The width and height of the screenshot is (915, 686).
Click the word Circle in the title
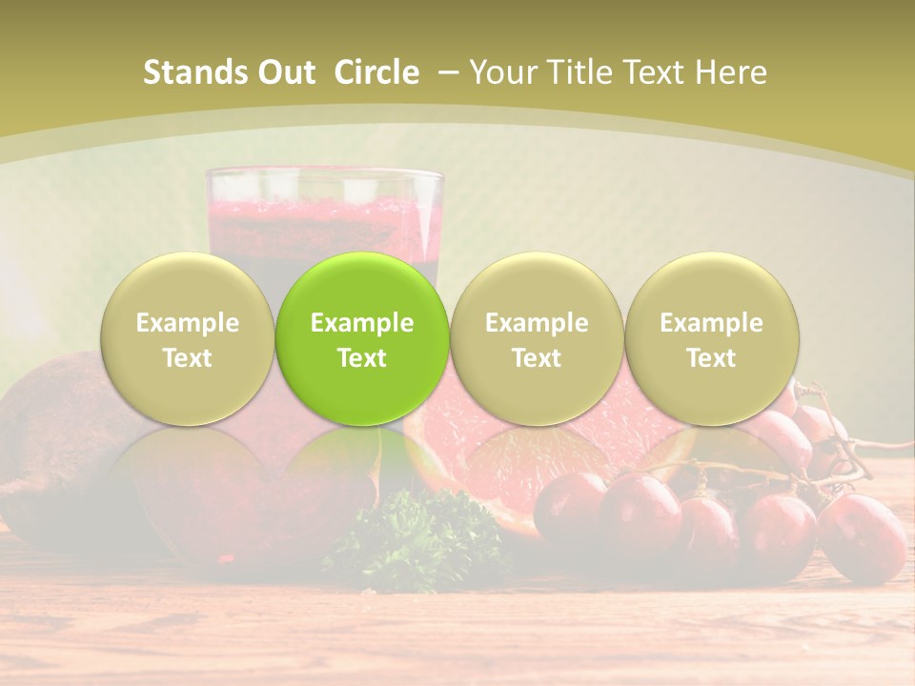coord(376,72)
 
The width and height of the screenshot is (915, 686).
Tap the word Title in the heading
coord(581,72)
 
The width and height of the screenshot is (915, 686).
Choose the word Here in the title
coord(731,72)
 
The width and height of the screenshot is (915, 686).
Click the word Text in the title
coord(658,72)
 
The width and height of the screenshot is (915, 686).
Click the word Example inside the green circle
coord(362,323)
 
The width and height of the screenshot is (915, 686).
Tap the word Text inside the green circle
coord(362,358)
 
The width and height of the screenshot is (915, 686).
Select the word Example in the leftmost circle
coord(188,323)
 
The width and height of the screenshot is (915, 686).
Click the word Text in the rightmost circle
coord(712,358)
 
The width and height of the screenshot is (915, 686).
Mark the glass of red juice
coord(324,214)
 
